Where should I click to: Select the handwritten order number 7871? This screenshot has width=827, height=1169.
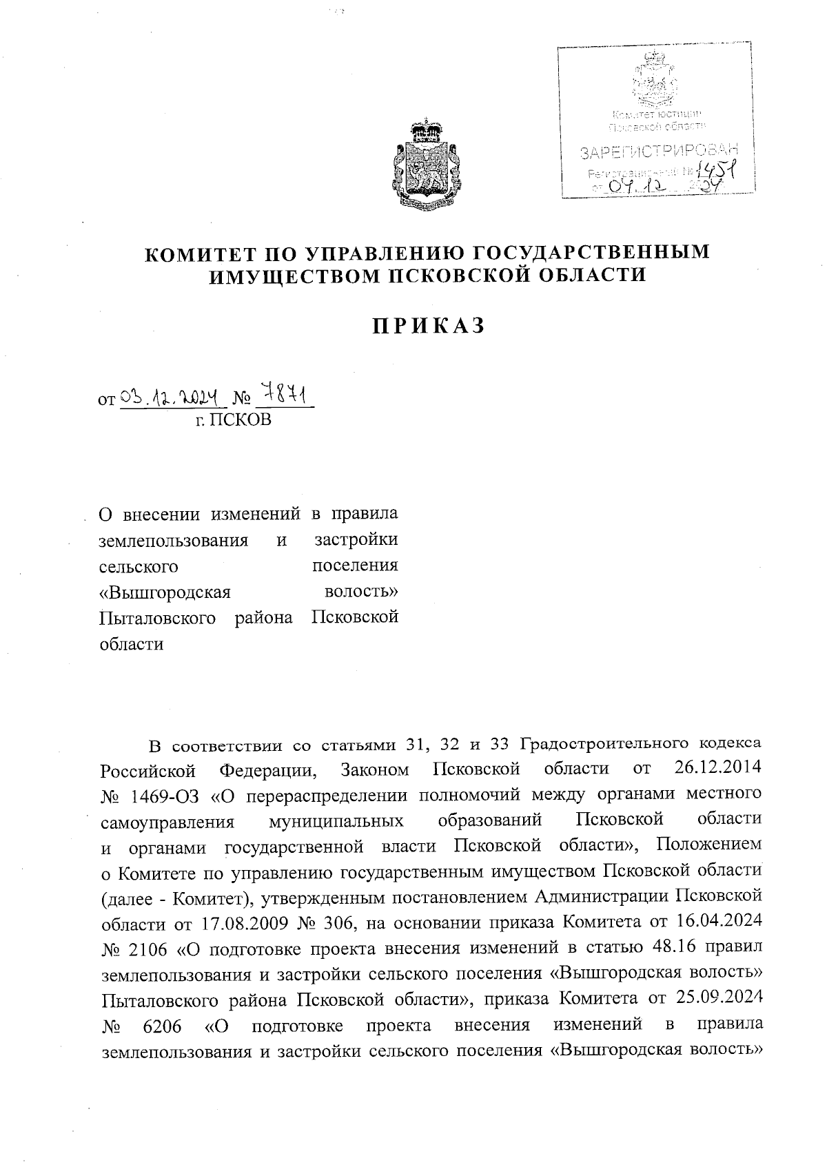point(284,396)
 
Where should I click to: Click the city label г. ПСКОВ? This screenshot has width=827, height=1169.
point(232,420)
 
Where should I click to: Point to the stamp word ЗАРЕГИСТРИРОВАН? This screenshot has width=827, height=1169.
point(658,151)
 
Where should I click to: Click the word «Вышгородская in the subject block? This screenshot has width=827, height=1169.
point(165,592)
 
